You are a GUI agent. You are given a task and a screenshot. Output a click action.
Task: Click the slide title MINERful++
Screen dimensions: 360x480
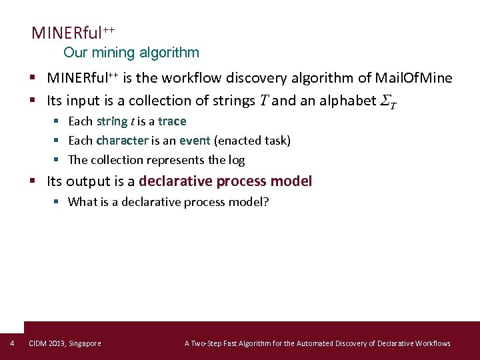coord(73,33)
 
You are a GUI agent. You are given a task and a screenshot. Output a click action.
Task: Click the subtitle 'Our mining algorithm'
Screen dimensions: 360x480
coord(131,52)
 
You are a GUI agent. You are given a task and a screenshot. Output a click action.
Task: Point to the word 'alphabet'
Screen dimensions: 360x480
coord(339,101)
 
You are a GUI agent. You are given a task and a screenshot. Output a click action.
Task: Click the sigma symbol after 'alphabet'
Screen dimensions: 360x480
coord(387,101)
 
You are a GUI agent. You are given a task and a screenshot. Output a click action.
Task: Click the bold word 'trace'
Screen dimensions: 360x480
coord(172,121)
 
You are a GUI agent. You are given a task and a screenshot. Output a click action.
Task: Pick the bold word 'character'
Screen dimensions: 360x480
coord(122,141)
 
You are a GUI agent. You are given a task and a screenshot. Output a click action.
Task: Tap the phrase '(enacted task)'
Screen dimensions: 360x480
coord(252,141)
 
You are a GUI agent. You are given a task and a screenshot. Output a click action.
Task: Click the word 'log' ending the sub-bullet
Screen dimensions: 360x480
coord(237,160)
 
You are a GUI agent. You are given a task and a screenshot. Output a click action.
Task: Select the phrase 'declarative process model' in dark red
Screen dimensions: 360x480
coord(225,181)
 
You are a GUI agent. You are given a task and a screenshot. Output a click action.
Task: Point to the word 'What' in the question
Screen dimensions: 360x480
coord(83,202)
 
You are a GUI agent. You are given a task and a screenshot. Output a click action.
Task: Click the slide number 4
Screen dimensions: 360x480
coord(12,343)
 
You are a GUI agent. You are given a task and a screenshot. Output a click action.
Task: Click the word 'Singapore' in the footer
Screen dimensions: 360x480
coord(85,343)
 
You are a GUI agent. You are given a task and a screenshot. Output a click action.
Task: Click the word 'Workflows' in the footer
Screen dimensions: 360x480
coord(432,343)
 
